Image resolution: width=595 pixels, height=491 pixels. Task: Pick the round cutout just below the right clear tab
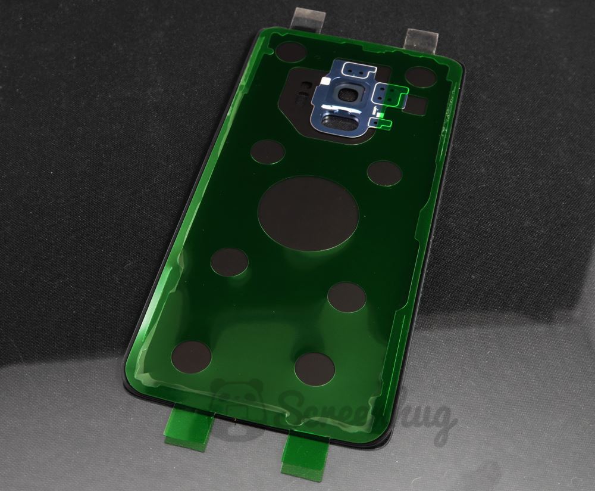[421, 76]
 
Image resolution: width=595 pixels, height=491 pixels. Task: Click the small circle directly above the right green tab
[314, 367]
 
